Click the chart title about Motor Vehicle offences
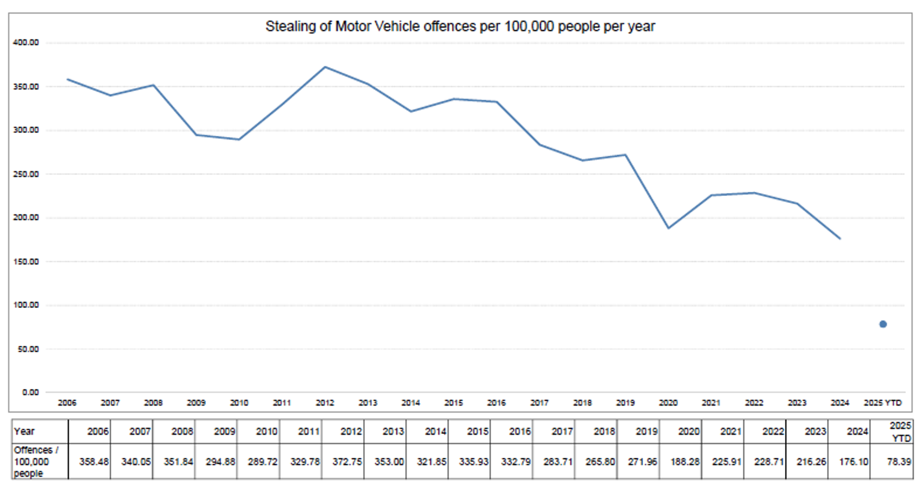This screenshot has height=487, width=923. pyautogui.click(x=460, y=26)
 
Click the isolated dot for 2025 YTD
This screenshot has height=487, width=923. pyautogui.click(x=883, y=324)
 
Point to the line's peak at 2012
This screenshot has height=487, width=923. pyautogui.click(x=325, y=67)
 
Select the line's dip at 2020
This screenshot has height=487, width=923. pyautogui.click(x=668, y=228)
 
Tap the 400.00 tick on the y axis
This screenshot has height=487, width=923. pyautogui.click(x=26, y=43)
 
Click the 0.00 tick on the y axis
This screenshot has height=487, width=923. pyautogui.click(x=30, y=392)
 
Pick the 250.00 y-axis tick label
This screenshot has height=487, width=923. pyautogui.click(x=26, y=174)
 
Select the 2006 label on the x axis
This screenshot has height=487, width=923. pyautogui.click(x=67, y=403)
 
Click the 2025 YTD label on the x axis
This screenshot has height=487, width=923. pyautogui.click(x=882, y=403)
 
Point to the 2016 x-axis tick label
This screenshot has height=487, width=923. pyautogui.click(x=497, y=403)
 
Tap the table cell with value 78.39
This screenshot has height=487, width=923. pyautogui.click(x=899, y=462)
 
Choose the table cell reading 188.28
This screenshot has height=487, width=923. pyautogui.click(x=685, y=462)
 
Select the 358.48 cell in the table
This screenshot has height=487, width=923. pyautogui.click(x=94, y=462)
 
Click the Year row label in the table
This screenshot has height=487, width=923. pyautogui.click(x=24, y=431)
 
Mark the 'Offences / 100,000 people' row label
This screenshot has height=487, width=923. pyautogui.click(x=36, y=462)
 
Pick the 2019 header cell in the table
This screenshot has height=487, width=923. pyautogui.click(x=646, y=431)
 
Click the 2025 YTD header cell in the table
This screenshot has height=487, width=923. pyautogui.click(x=900, y=431)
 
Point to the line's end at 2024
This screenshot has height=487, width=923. pyautogui.click(x=840, y=239)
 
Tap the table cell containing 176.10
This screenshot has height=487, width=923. pyautogui.click(x=853, y=462)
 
